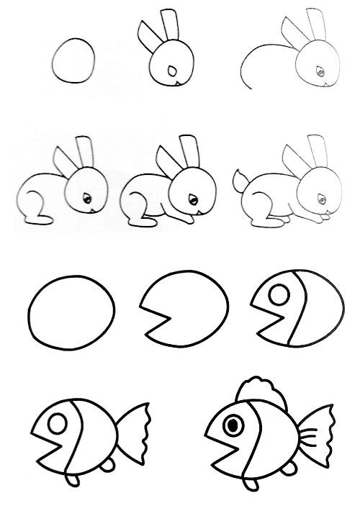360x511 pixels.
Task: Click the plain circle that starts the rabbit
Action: tap(74, 61)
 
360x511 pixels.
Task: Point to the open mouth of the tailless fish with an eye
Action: tap(261, 314)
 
